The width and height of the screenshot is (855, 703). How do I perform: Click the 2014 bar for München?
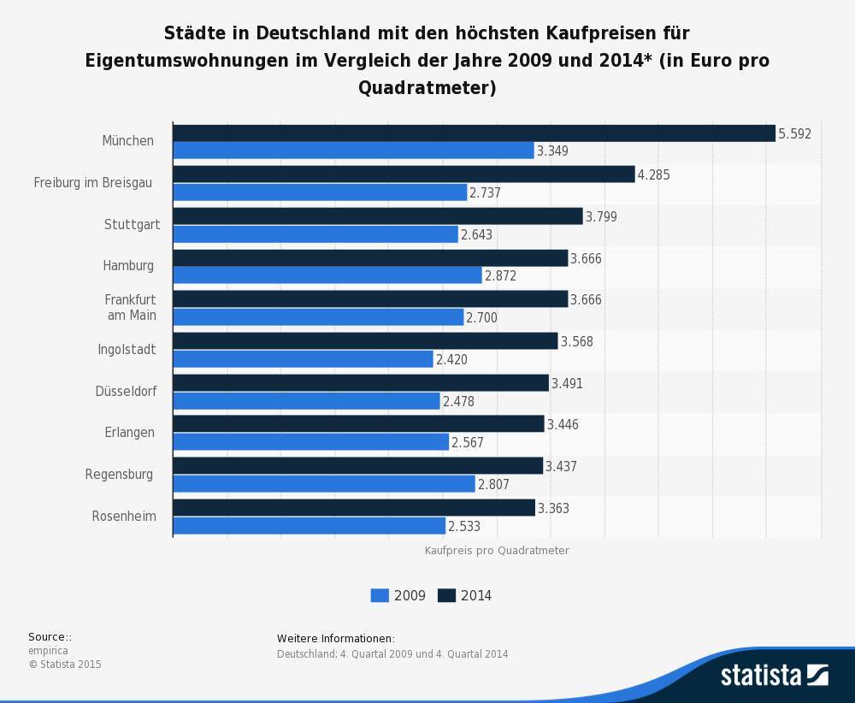tap(474, 133)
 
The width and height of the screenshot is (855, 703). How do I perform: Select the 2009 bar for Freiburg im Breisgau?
tap(320, 192)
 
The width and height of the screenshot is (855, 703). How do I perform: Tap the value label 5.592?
tap(794, 133)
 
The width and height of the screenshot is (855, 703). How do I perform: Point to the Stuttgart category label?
tap(132, 225)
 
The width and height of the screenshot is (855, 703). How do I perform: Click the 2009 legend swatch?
tap(380, 595)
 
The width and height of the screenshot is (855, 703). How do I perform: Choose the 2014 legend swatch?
tap(446, 595)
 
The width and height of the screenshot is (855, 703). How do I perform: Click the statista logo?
tap(774, 675)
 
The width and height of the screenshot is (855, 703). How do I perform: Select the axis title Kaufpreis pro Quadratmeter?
tap(497, 551)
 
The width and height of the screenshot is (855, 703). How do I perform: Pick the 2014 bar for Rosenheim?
tap(354, 508)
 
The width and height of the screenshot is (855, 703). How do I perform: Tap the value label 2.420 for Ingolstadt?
tap(451, 359)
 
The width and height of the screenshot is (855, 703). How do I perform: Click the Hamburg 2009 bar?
tap(327, 275)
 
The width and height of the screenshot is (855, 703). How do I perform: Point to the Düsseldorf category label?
tap(126, 391)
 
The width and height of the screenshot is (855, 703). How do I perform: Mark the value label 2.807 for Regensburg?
tap(493, 484)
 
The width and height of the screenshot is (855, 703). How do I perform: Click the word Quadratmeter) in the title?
tap(427, 87)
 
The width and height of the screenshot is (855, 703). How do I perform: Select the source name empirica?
tap(48, 651)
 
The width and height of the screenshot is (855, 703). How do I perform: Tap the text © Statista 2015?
tap(64, 665)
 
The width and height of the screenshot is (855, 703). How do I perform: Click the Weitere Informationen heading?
tap(336, 639)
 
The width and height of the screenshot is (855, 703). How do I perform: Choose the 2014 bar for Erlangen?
tap(358, 424)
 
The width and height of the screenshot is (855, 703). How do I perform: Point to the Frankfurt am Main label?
tap(130, 307)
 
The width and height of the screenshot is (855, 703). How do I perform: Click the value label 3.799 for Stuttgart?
tap(601, 217)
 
